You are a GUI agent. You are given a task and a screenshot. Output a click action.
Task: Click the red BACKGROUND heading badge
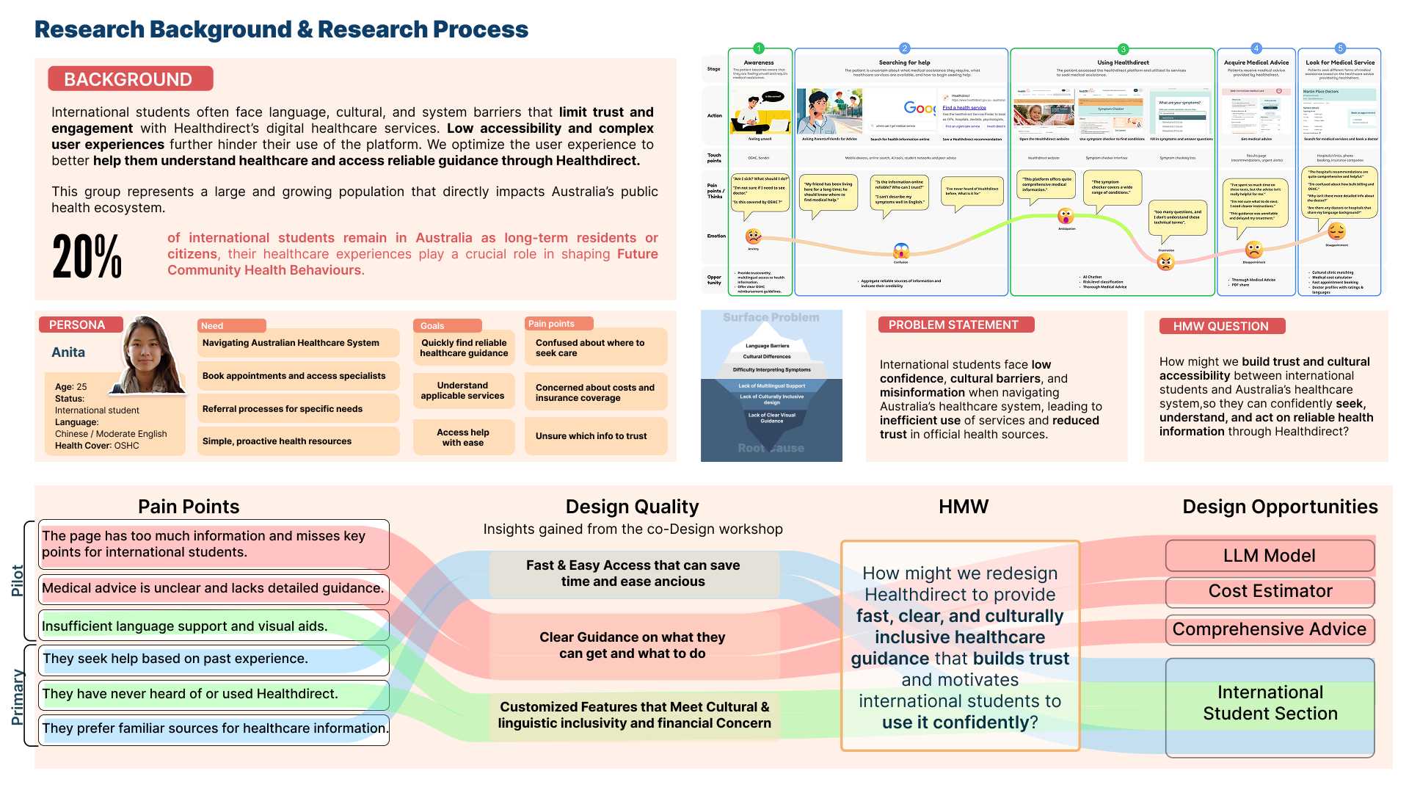point(131,79)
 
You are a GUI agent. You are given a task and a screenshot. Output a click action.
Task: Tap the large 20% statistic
point(87,256)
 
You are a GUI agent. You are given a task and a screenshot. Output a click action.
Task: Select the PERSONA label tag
point(77,325)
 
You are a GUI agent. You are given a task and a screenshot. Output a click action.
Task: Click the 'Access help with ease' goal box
point(463,438)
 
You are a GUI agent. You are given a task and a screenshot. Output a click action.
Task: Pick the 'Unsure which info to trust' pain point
point(591,436)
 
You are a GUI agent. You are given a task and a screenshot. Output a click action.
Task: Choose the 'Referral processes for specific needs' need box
point(283,409)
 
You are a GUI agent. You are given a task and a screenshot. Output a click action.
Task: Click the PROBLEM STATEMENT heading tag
point(953,325)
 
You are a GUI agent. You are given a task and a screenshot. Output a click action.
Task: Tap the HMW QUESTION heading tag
point(1220,326)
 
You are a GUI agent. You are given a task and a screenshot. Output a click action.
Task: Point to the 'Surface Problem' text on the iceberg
point(771,317)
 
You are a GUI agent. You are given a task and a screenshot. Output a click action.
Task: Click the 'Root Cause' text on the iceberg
point(771,448)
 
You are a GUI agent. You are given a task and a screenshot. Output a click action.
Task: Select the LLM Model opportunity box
point(1269,556)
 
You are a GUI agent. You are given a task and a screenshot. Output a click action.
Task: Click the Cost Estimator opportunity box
point(1270,591)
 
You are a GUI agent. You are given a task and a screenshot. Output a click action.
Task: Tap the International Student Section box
point(1270,703)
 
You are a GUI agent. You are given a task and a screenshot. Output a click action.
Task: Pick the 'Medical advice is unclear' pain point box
point(213,588)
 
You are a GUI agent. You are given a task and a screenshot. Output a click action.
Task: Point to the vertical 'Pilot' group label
point(18,580)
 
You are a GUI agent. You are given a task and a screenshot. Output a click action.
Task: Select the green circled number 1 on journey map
point(759,48)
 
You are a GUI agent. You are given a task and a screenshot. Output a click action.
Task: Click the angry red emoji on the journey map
point(1165,263)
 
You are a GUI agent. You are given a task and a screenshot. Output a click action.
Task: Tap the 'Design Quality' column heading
point(632,507)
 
